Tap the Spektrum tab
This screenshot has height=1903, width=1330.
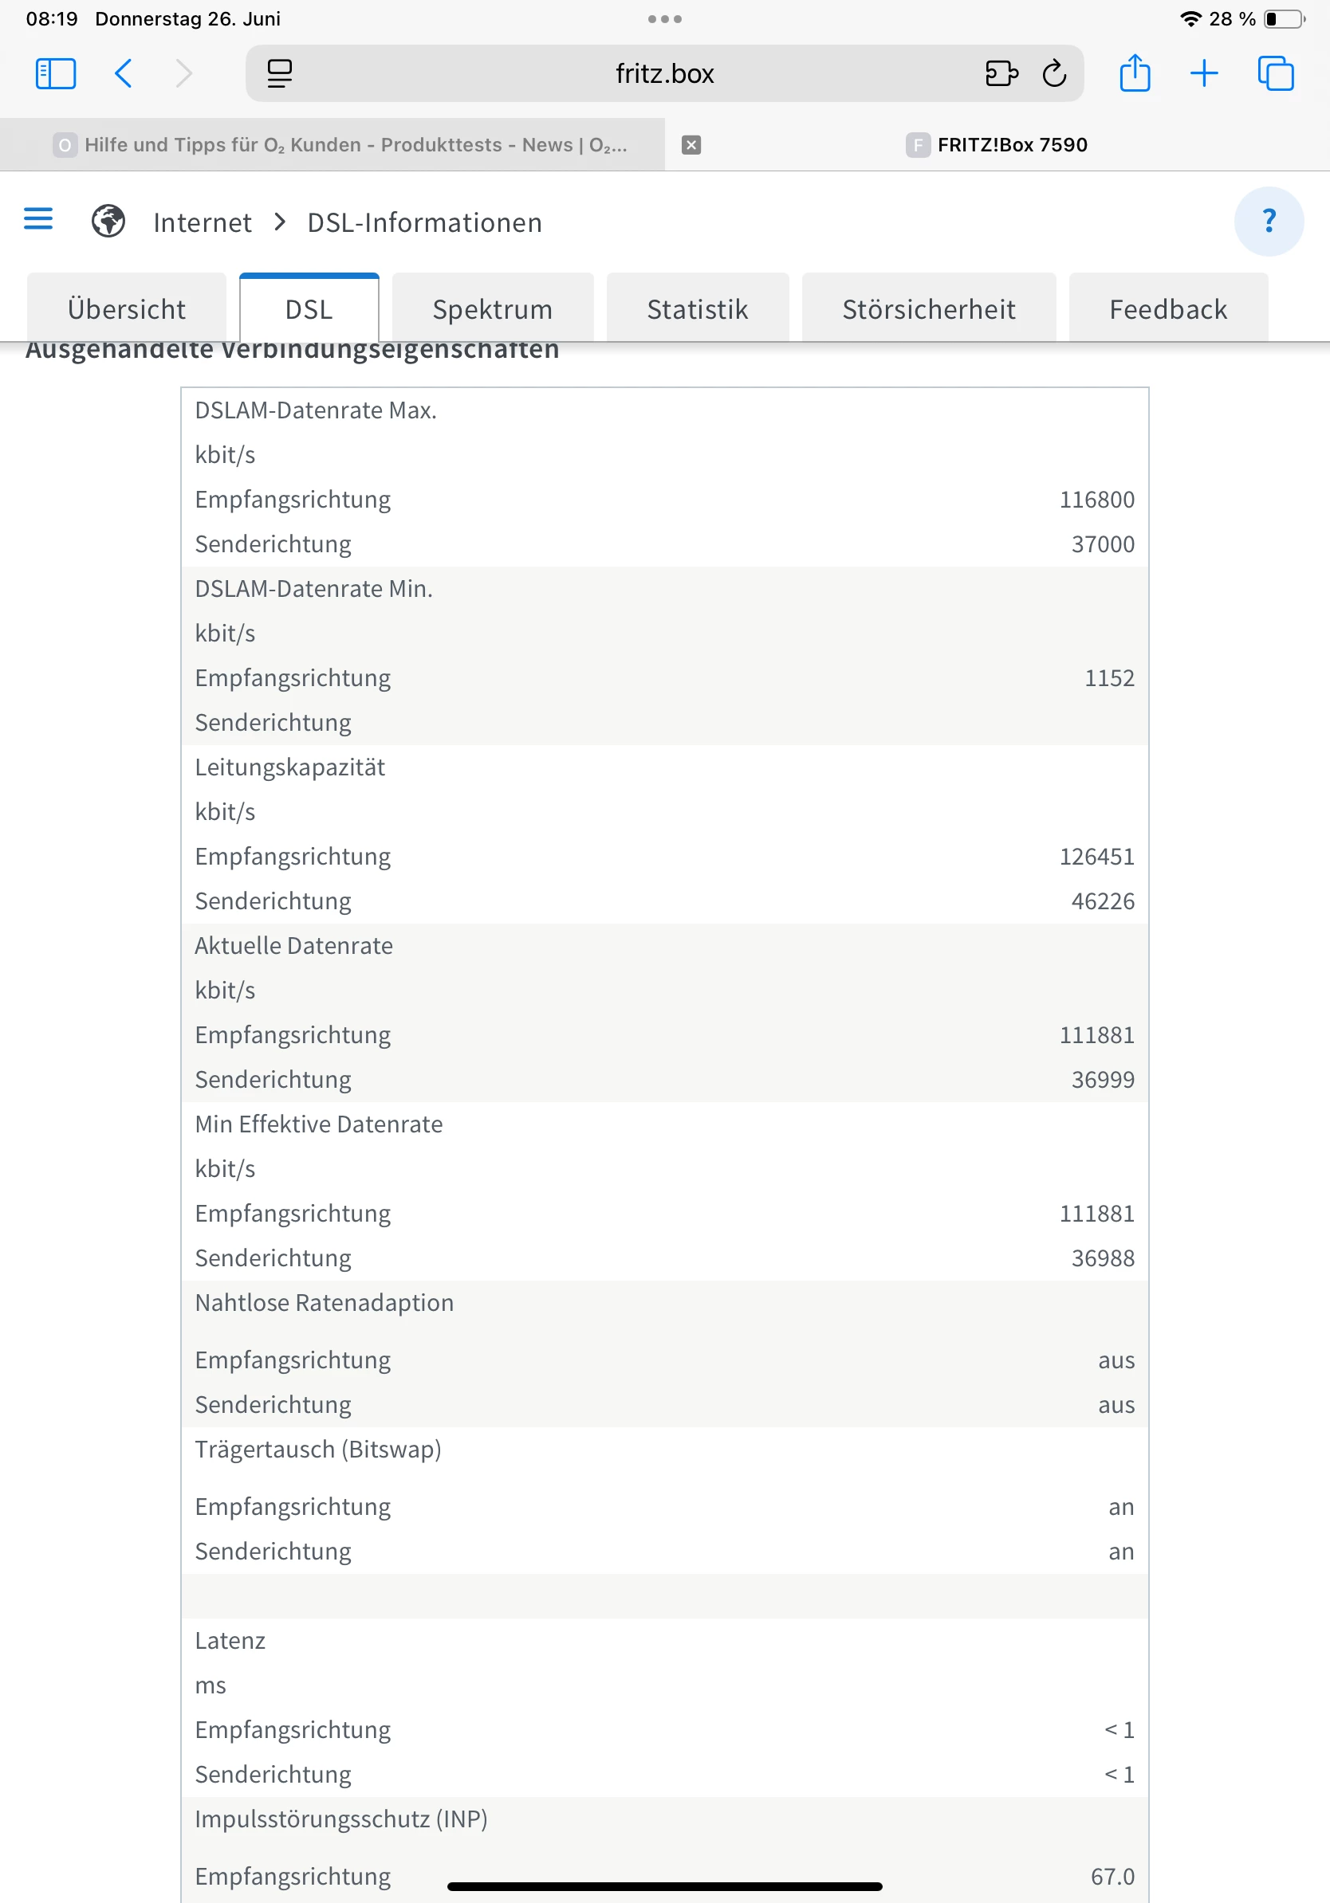coord(493,309)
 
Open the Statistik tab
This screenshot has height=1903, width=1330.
coord(698,309)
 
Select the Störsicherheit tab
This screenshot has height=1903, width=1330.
coord(929,309)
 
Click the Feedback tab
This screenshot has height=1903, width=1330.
coord(1167,309)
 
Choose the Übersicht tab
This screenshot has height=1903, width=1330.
coord(127,309)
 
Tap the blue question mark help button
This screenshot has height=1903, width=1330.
coord(1268,222)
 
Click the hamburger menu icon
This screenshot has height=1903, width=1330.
coord(38,220)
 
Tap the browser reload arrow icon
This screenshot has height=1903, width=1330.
coord(1054,74)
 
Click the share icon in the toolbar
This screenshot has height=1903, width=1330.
coord(1135,74)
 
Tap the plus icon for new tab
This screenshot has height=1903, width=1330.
coord(1204,74)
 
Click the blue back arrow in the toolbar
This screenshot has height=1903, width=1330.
coord(124,74)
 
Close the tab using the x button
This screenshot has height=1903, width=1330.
coord(691,145)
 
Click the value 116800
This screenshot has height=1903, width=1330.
coord(1096,500)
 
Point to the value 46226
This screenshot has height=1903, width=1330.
coord(1102,901)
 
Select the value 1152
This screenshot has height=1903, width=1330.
coord(1108,678)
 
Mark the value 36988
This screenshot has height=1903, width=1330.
coord(1102,1258)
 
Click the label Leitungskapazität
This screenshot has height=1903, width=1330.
coord(290,767)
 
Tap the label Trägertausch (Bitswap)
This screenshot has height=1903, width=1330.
coord(317,1450)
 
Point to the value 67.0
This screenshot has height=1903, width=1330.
coord(1112,1877)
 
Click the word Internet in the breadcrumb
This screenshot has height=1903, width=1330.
coord(203,223)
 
